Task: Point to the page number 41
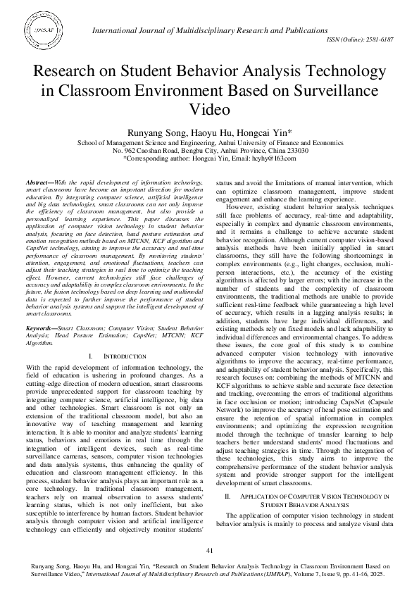209,550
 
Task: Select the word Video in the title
209,110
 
